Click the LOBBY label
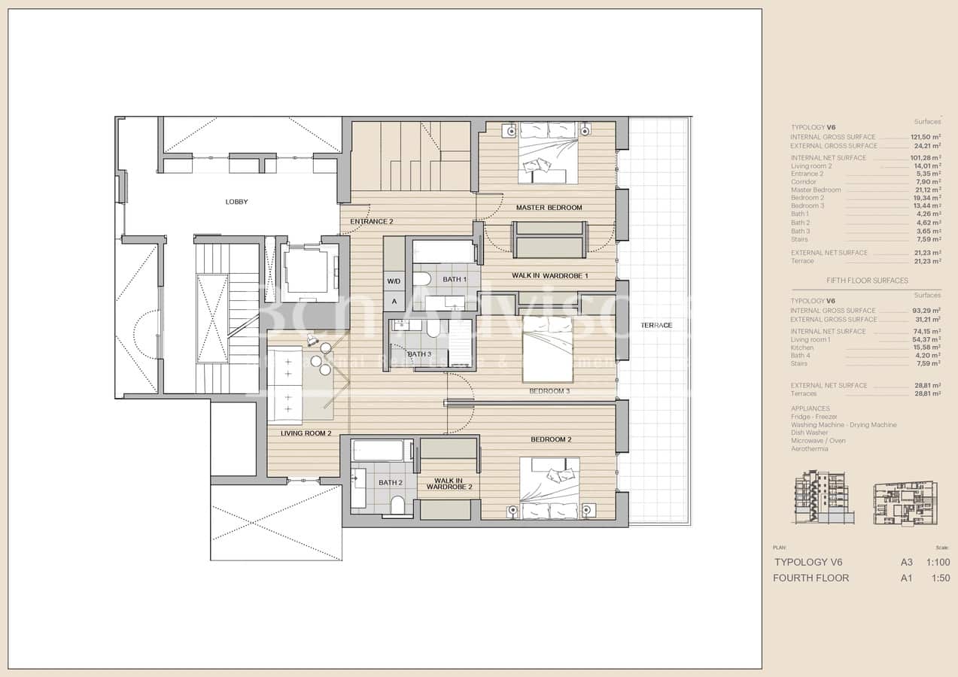(236, 202)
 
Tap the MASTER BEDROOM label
(549, 208)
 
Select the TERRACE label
(656, 325)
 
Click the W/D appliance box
(394, 281)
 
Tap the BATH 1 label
(454, 279)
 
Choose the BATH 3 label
(419, 354)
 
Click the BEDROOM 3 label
(549, 391)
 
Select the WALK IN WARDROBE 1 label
(549, 275)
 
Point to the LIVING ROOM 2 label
(306, 433)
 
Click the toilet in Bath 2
(398, 505)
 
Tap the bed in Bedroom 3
(548, 349)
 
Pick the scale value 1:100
(938, 563)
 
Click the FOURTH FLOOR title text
(810, 578)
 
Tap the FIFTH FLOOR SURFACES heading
(865, 281)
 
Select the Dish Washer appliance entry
(809, 433)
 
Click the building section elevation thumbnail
(824, 497)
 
